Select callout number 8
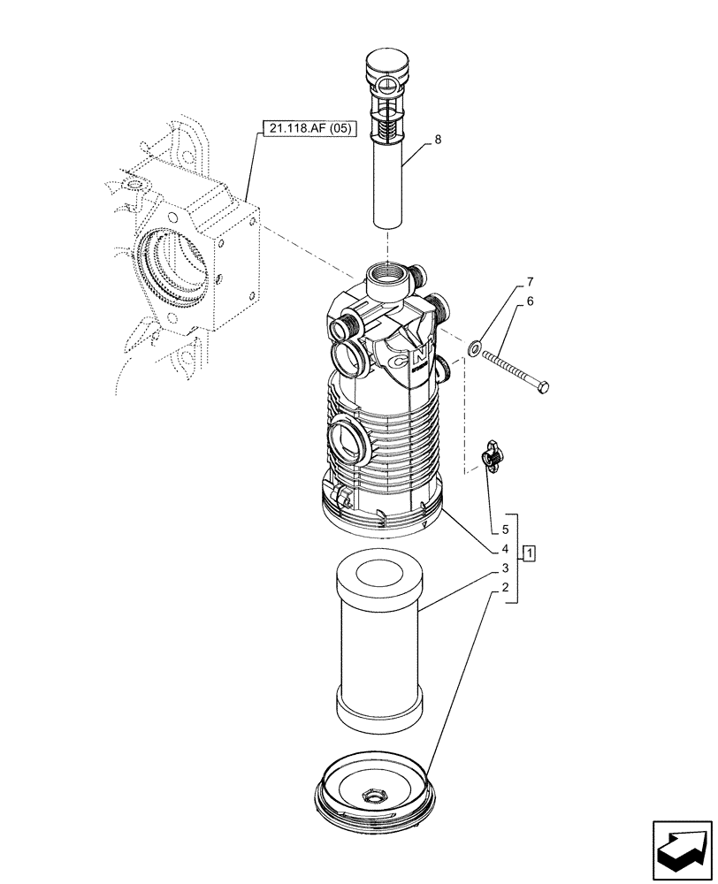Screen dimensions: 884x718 (x=436, y=139)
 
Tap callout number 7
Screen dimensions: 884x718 (x=530, y=282)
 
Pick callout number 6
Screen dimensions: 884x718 (x=530, y=301)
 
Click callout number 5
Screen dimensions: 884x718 (x=505, y=530)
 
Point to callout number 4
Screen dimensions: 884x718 (x=505, y=550)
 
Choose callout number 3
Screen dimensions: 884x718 (x=505, y=568)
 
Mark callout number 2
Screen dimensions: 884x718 (x=505, y=588)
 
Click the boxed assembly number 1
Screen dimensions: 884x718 (x=529, y=554)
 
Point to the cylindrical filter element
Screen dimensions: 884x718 (x=378, y=645)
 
